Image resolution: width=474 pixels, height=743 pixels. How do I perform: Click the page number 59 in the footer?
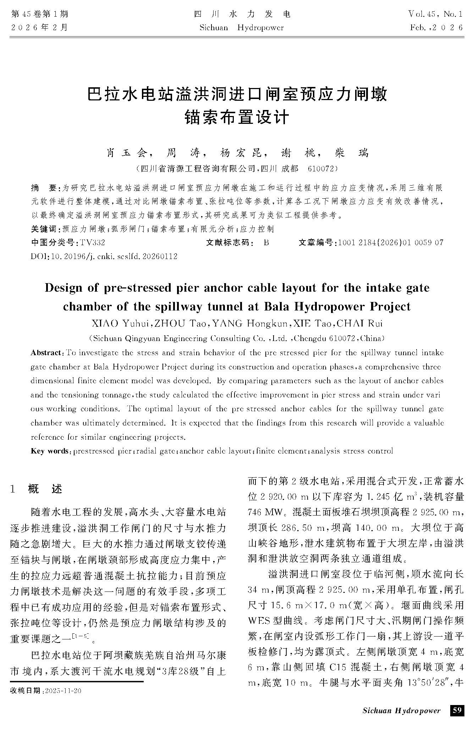click(x=457, y=710)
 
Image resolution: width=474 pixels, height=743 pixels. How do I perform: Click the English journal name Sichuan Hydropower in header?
click(x=242, y=28)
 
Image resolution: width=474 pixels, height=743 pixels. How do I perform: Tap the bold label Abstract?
click(x=46, y=353)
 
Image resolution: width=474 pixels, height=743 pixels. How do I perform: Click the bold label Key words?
click(x=51, y=451)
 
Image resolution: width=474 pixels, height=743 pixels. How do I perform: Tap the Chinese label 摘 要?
click(x=44, y=187)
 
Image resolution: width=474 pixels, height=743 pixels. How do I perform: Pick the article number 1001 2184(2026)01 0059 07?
click(x=391, y=243)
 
